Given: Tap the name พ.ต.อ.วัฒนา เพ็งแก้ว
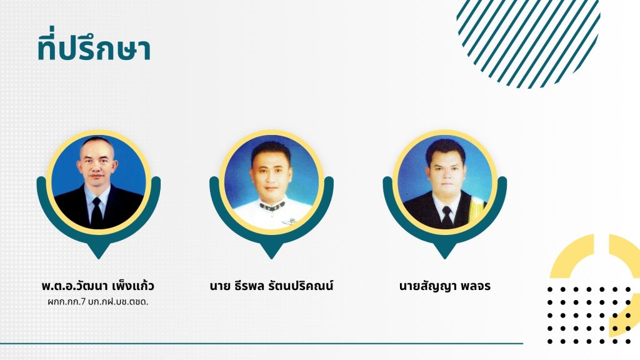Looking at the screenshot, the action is click(x=98, y=286).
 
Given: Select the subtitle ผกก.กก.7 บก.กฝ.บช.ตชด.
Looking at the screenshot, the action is click(x=98, y=302).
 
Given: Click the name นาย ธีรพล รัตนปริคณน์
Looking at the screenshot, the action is click(x=271, y=286).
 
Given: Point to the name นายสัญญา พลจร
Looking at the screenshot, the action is click(x=445, y=286).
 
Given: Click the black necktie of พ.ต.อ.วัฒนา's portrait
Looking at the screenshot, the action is click(x=97, y=212).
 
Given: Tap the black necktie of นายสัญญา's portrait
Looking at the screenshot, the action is click(x=447, y=216).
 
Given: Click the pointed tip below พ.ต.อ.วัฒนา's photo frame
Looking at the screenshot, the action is click(x=98, y=258).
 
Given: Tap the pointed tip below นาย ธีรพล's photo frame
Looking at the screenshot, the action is click(x=271, y=258).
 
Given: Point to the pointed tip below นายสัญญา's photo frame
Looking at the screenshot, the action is click(x=444, y=258).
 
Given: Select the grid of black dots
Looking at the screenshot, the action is click(x=589, y=315).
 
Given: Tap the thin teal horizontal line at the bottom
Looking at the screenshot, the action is click(x=261, y=343).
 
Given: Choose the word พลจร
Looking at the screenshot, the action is click(x=476, y=286).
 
